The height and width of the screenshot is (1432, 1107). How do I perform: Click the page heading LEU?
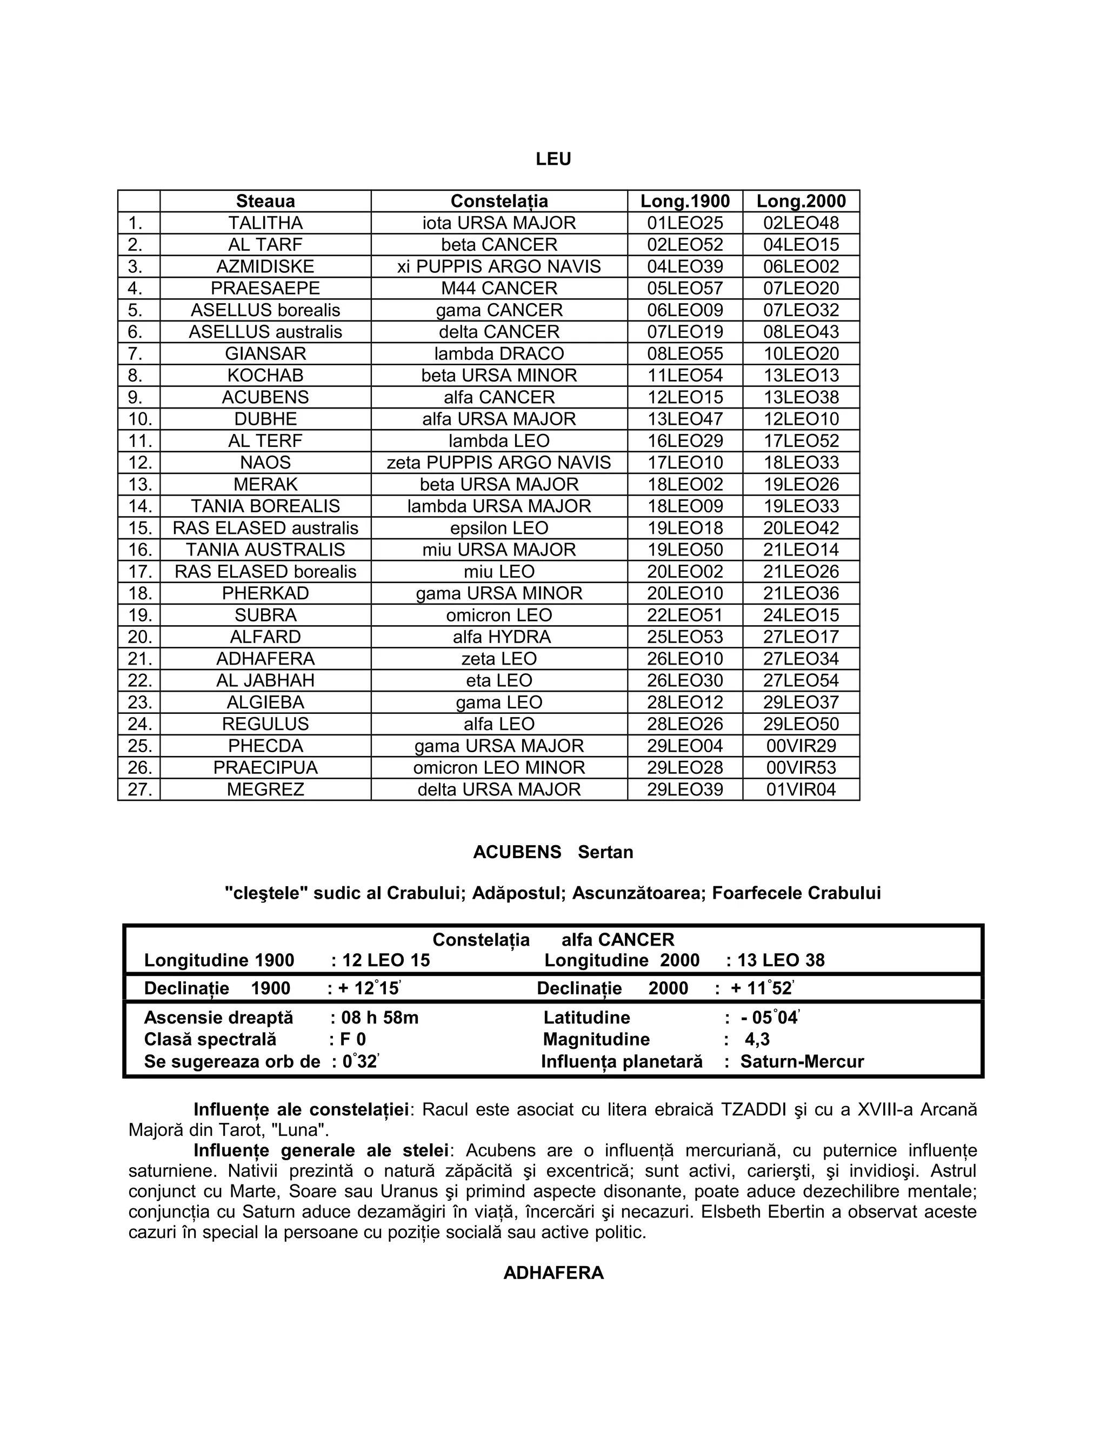click(x=553, y=159)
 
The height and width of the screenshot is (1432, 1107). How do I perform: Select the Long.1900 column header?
click(x=685, y=202)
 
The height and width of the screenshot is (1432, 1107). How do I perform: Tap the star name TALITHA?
click(x=265, y=223)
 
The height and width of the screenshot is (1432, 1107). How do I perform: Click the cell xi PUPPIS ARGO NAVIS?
click(x=498, y=267)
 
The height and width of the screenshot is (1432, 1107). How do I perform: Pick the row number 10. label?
click(x=139, y=419)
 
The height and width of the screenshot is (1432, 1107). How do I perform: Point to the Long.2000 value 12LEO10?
click(x=800, y=419)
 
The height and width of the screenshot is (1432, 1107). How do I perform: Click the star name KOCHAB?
click(x=265, y=376)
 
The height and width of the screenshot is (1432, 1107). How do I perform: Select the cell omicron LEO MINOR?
click(x=498, y=768)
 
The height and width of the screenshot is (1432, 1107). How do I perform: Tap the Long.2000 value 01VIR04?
click(x=800, y=789)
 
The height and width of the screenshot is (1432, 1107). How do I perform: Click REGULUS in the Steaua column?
click(x=265, y=724)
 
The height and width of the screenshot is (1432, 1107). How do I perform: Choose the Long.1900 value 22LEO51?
click(x=685, y=615)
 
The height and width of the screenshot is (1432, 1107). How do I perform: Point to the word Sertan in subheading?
click(x=605, y=852)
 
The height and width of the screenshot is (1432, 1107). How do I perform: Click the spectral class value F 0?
click(x=353, y=1039)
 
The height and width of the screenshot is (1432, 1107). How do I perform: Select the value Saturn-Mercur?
click(x=802, y=1061)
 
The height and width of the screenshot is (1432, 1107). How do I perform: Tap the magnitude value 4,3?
click(x=757, y=1039)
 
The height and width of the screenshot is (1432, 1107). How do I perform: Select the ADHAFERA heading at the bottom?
click(x=553, y=1273)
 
